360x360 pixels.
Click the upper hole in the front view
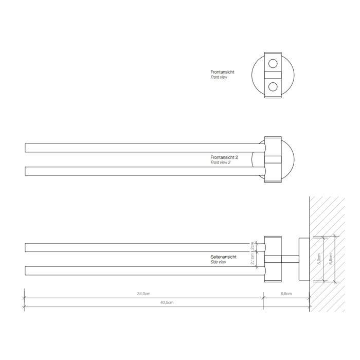[273, 64]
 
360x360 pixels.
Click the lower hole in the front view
[273, 86]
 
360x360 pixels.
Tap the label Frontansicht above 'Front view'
[222, 72]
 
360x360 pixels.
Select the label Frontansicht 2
[224, 157]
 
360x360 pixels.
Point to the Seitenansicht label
[223, 257]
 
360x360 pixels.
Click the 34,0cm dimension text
[143, 294]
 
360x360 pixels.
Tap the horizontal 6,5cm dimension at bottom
[286, 294]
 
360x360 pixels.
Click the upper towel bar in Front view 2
[139, 148]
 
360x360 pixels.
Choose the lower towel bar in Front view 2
[139, 171]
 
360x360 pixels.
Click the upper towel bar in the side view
[139, 247]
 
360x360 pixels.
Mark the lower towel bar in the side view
[139, 271]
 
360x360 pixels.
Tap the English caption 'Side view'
[218, 262]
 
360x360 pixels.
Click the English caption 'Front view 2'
[220, 163]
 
